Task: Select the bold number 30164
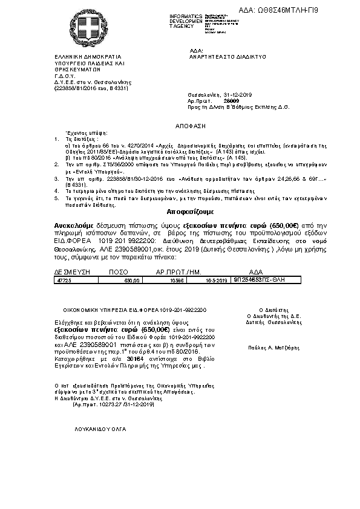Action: click(128, 359)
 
